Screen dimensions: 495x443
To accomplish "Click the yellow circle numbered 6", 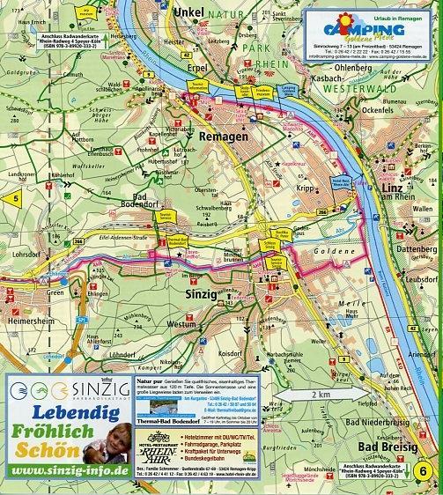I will coord(426,470).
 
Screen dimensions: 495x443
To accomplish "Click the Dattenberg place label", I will coord(407,249).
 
